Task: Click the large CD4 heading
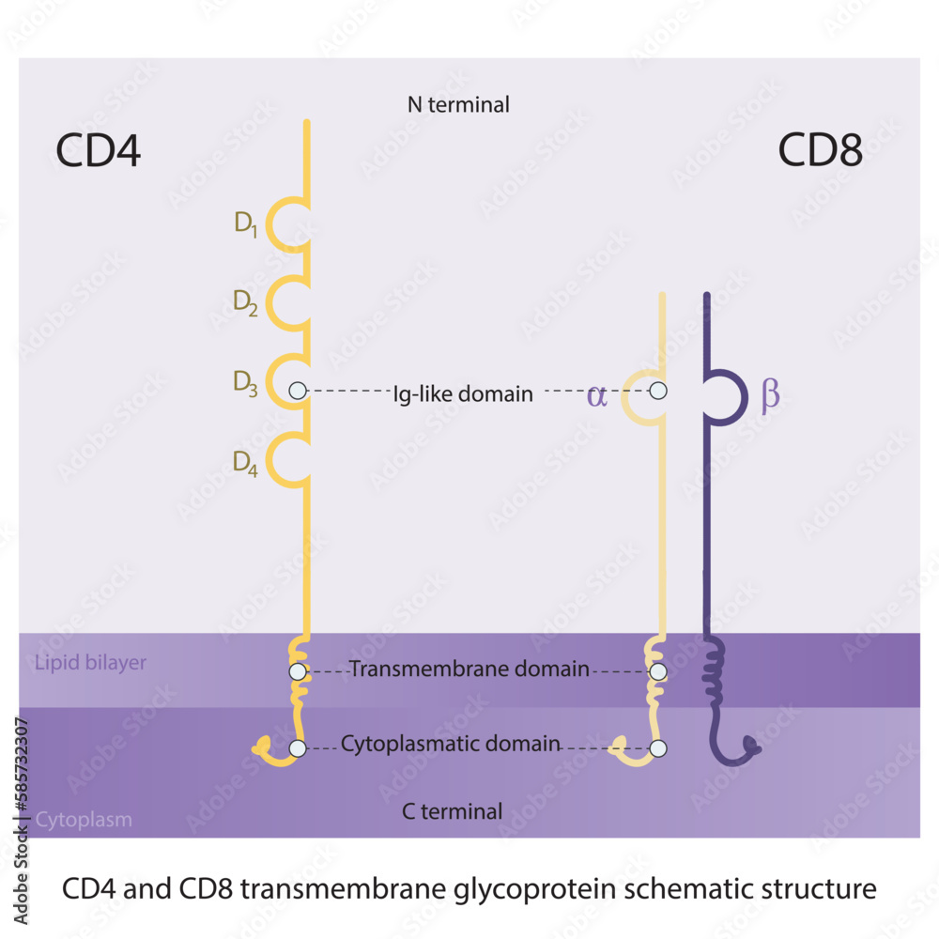click(99, 150)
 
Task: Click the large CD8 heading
click(820, 150)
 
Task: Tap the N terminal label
click(458, 104)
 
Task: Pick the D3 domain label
click(246, 383)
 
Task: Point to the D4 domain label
click(246, 462)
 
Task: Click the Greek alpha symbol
click(596, 394)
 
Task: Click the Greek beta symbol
click(770, 396)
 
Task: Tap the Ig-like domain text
click(463, 394)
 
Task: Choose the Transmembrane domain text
click(469, 670)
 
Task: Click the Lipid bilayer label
click(91, 663)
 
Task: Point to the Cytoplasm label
click(84, 820)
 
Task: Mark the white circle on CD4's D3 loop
click(298, 391)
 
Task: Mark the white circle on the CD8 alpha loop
click(658, 391)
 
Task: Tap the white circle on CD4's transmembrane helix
click(298, 671)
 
